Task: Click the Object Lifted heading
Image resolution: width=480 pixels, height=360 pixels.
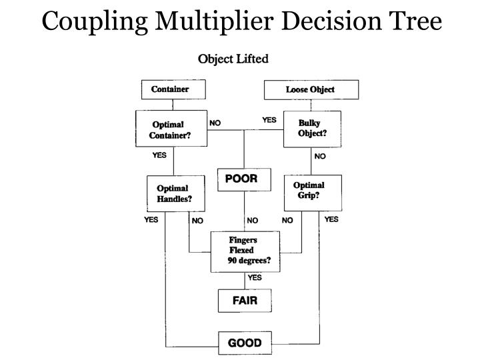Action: tap(233, 59)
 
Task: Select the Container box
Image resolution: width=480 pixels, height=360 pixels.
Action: tap(173, 89)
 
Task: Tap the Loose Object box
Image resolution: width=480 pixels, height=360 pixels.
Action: tap(311, 89)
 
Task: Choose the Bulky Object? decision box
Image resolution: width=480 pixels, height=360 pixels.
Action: tap(312, 128)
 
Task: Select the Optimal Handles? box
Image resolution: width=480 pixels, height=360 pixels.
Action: tap(174, 193)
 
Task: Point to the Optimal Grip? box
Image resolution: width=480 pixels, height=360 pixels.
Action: tap(312, 191)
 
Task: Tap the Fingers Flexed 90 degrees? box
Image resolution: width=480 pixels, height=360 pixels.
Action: tap(245, 251)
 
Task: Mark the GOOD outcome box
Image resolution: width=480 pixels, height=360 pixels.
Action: tap(245, 343)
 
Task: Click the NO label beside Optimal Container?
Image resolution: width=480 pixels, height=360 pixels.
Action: tap(215, 123)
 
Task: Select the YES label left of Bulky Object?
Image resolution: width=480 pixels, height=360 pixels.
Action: tap(269, 121)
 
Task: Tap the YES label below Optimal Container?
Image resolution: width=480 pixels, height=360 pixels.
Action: tap(159, 156)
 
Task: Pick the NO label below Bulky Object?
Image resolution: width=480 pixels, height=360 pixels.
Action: tap(320, 157)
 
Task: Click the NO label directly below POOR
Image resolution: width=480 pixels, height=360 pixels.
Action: tap(252, 220)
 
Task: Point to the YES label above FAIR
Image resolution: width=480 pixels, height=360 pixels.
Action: tap(255, 278)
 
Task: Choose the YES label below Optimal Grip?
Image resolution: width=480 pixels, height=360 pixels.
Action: tap(331, 219)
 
